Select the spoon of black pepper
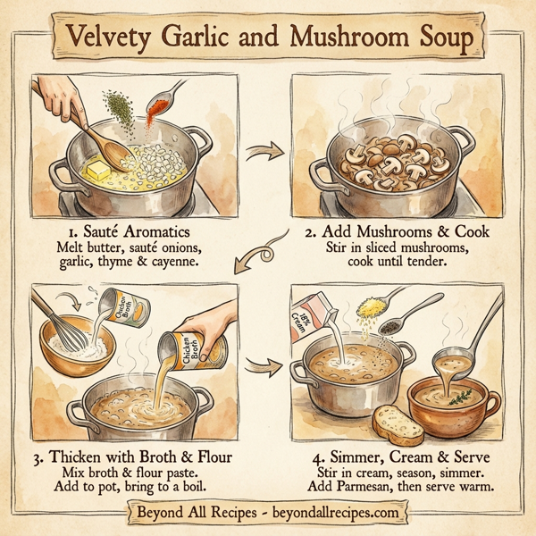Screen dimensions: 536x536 tap(393, 326)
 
